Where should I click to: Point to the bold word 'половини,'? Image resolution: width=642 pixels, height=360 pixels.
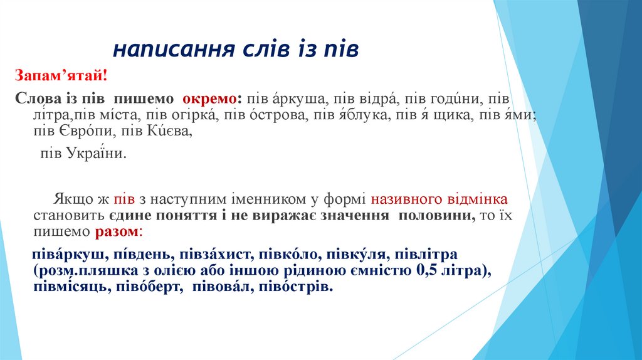tap(436, 216)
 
